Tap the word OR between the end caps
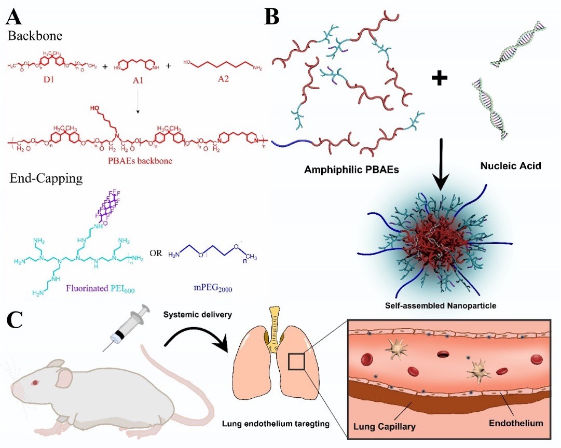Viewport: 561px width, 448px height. [155, 253]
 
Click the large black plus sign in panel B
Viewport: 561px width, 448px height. [440, 78]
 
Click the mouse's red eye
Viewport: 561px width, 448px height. [35, 383]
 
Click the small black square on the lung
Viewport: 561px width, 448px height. [296, 361]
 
